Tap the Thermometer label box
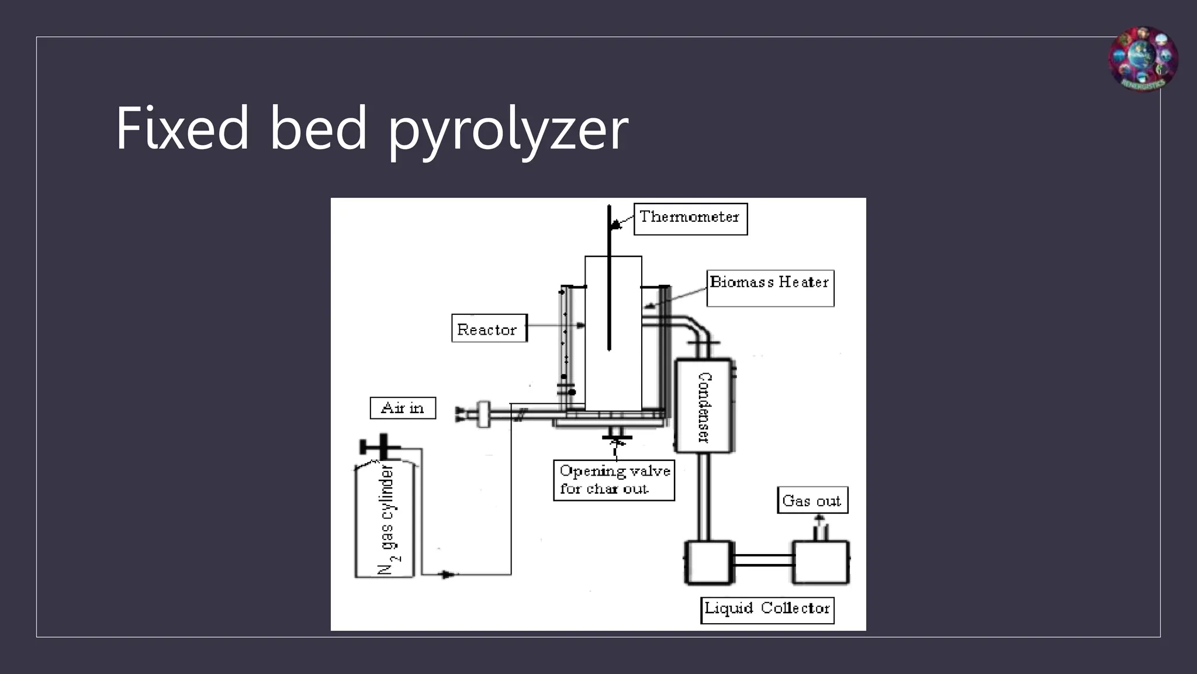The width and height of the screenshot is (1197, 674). (690, 218)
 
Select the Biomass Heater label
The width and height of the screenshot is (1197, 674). (770, 287)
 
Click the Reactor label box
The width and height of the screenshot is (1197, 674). (489, 329)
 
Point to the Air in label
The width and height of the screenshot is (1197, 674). (403, 408)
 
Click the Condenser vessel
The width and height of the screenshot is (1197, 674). (704, 406)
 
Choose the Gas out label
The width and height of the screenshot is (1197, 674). (812, 500)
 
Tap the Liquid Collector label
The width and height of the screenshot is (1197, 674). (767, 609)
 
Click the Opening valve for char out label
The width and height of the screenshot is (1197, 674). (614, 480)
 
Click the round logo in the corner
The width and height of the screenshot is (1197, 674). (1143, 60)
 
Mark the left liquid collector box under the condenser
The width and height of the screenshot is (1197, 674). (708, 562)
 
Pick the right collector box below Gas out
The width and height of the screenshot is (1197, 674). (820, 562)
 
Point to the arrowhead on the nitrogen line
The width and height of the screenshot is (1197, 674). (448, 575)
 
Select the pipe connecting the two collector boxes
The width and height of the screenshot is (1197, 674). (762, 560)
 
